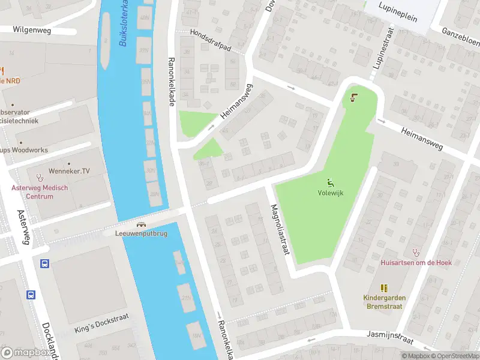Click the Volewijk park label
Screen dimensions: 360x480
point(330,193)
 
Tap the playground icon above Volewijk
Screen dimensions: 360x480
point(330,182)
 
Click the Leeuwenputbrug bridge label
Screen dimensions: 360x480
point(141,233)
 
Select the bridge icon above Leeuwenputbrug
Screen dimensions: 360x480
point(141,223)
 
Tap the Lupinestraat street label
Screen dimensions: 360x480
point(385,48)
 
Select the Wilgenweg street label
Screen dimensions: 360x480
point(32,29)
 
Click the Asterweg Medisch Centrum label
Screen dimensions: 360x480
point(40,192)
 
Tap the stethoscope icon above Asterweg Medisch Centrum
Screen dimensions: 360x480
point(40,178)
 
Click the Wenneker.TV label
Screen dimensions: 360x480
point(70,171)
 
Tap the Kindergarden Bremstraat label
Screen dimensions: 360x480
point(385,302)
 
